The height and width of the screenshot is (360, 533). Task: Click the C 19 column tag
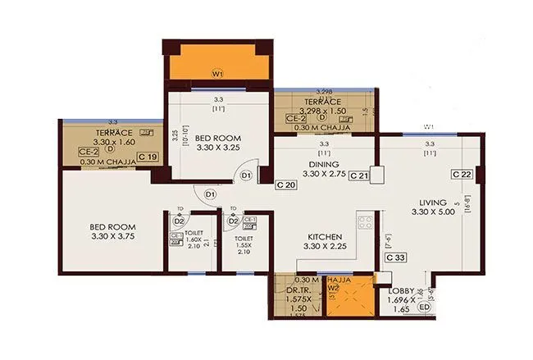click(x=148, y=157)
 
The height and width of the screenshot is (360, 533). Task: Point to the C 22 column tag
click(x=461, y=175)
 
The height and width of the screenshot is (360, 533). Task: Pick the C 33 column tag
click(x=395, y=257)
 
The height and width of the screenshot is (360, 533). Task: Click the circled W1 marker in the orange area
click(x=217, y=73)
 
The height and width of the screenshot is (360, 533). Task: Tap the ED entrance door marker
click(x=424, y=308)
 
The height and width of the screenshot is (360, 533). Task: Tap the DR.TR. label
click(x=298, y=289)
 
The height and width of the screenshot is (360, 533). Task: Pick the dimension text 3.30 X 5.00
click(x=430, y=212)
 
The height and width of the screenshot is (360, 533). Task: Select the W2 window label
click(x=335, y=289)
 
